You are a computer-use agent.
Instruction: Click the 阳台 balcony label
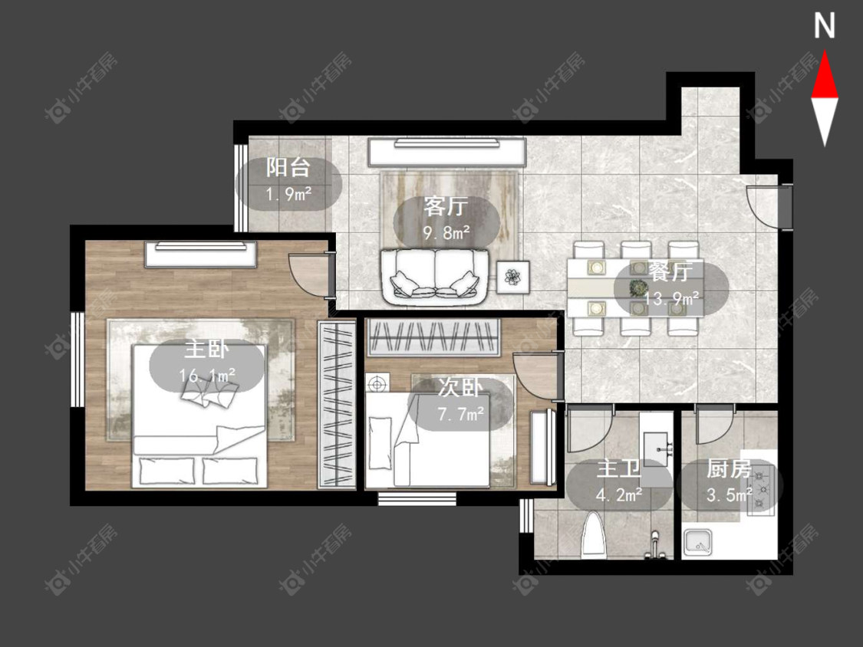(x=288, y=167)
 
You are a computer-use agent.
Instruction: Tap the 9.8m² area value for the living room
(x=446, y=232)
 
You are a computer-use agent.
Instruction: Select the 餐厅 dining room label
(x=670, y=271)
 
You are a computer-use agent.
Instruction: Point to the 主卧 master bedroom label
(x=206, y=348)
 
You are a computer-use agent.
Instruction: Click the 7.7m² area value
(x=461, y=413)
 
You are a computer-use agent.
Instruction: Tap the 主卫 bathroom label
(x=618, y=468)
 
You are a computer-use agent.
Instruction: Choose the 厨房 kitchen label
(x=729, y=469)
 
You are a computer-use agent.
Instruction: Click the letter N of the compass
(x=825, y=26)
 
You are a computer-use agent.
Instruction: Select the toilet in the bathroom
(x=594, y=534)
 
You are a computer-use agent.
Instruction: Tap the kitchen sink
(x=698, y=543)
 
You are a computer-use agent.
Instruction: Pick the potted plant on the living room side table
(x=513, y=277)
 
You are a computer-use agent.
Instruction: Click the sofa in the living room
(x=435, y=276)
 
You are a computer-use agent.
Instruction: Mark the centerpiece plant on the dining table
(x=638, y=287)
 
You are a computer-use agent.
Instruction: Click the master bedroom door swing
(x=311, y=272)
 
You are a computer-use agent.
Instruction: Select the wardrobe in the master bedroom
(x=337, y=406)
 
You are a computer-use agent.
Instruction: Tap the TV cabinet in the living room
(x=446, y=152)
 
